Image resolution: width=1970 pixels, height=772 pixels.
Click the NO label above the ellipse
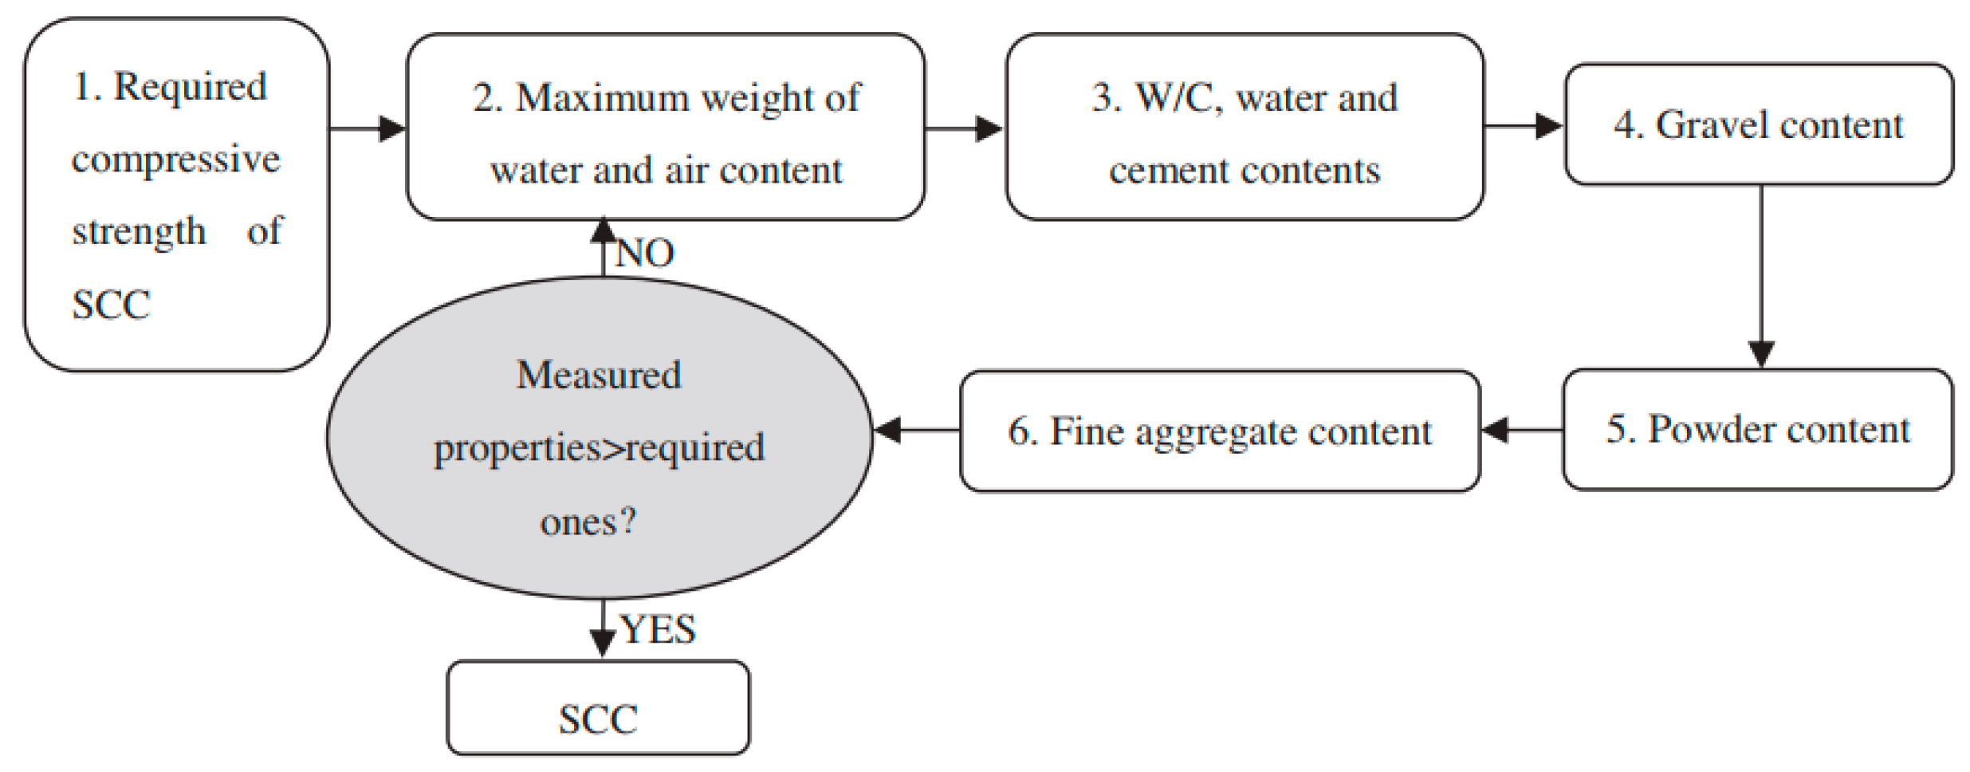tap(644, 254)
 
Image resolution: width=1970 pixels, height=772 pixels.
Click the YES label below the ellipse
tap(658, 629)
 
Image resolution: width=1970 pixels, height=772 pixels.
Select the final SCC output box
tap(598, 708)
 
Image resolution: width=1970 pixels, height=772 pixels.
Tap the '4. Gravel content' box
tap(1759, 125)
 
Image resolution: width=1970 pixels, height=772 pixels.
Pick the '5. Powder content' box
tap(1757, 429)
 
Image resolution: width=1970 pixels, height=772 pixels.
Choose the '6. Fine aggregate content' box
tap(1220, 431)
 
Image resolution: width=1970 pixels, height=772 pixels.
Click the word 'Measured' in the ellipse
tap(599, 375)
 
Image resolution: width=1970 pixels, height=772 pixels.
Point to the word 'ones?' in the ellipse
tap(588, 522)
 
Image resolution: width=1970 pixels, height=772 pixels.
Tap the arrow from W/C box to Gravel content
tap(1524, 126)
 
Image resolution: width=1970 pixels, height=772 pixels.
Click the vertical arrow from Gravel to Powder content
tap(1760, 279)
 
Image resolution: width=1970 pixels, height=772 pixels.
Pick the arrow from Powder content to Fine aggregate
tap(1521, 431)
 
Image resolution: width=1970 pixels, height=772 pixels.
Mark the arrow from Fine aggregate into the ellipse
tap(917, 431)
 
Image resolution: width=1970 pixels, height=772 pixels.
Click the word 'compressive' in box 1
tap(175, 160)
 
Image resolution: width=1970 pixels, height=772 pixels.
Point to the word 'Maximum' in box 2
tap(602, 99)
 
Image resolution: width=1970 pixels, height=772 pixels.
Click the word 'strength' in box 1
tap(139, 232)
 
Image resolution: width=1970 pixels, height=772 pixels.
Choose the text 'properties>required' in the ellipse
tap(599, 448)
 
